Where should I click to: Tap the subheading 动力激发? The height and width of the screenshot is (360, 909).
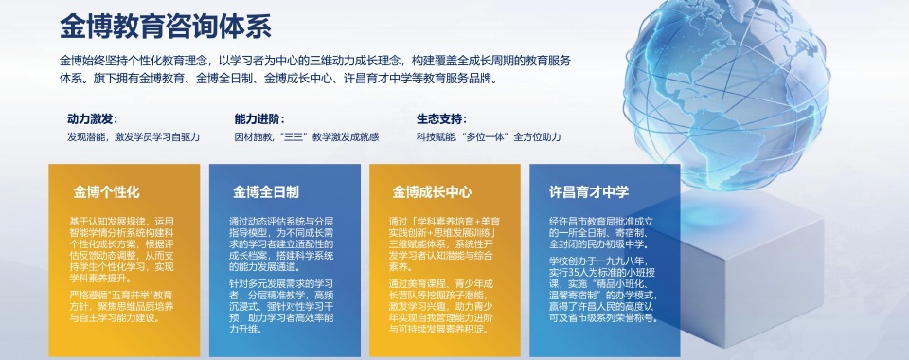click(92, 119)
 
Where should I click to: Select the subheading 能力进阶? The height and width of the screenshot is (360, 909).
click(258, 119)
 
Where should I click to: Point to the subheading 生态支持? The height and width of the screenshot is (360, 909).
click(442, 119)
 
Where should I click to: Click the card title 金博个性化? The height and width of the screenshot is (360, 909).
click(107, 192)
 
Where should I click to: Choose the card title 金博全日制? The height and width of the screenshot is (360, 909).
click(266, 192)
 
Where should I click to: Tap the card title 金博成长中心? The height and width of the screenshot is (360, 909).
click(432, 192)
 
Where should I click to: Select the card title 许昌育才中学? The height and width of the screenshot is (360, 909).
click(589, 192)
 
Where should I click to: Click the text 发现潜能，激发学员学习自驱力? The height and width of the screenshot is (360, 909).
click(134, 137)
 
